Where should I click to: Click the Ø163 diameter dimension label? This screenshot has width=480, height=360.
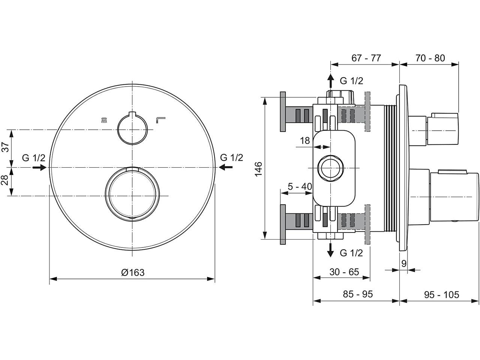[x=133, y=273]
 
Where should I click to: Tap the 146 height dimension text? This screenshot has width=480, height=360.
[x=258, y=169]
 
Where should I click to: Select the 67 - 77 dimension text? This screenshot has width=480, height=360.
[x=366, y=58]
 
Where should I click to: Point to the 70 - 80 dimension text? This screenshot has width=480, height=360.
[x=430, y=58]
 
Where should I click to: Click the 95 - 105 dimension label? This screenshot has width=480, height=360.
[x=441, y=295]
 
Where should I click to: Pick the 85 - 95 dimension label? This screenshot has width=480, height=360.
[x=358, y=294]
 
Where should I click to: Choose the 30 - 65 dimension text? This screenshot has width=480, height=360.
[x=344, y=272]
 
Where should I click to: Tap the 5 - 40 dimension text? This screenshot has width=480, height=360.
[x=300, y=186]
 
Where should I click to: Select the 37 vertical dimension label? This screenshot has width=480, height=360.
[x=6, y=147]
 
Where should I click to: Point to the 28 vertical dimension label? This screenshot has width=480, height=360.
[x=6, y=180]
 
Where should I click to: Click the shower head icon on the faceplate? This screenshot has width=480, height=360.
[x=104, y=120]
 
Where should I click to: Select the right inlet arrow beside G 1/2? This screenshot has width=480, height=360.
[x=225, y=167]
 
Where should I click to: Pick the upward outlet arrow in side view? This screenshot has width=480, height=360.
[x=330, y=81]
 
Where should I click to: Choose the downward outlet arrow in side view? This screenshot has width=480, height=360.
[x=330, y=250]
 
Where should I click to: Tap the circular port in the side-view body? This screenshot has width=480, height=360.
[x=330, y=168]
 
